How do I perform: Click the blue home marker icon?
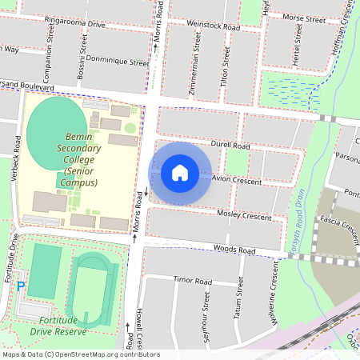[x=180, y=172]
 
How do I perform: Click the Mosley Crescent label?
[x=246, y=216]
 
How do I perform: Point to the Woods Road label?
[x=234, y=250]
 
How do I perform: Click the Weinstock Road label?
[x=213, y=26]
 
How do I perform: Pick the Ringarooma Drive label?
[x=76, y=24]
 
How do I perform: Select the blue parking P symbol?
[x=22, y=286]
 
